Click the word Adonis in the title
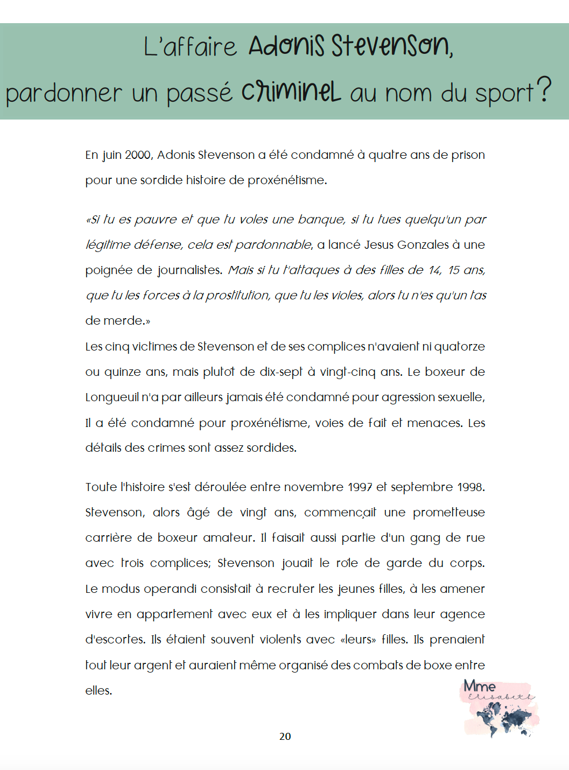click(286, 46)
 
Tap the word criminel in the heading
click(291, 92)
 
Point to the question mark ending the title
click(544, 89)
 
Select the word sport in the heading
click(504, 94)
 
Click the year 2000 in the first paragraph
click(138, 155)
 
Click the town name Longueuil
click(111, 397)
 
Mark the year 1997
click(360, 487)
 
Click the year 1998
click(470, 487)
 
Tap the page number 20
click(285, 736)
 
